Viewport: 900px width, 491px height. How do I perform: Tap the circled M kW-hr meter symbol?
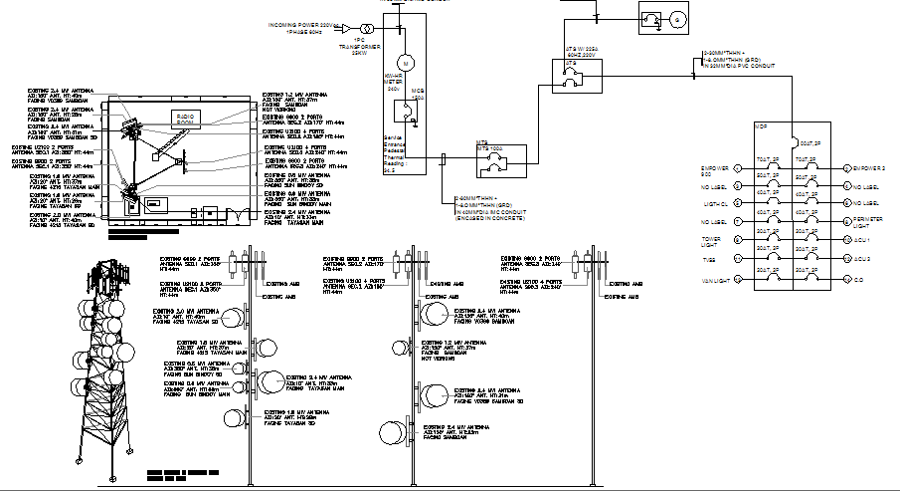coord(406,62)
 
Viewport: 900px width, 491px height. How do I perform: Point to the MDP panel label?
coord(762,126)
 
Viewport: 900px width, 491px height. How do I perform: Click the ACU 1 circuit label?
coord(861,240)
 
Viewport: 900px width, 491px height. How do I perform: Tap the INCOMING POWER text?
coord(302,23)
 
